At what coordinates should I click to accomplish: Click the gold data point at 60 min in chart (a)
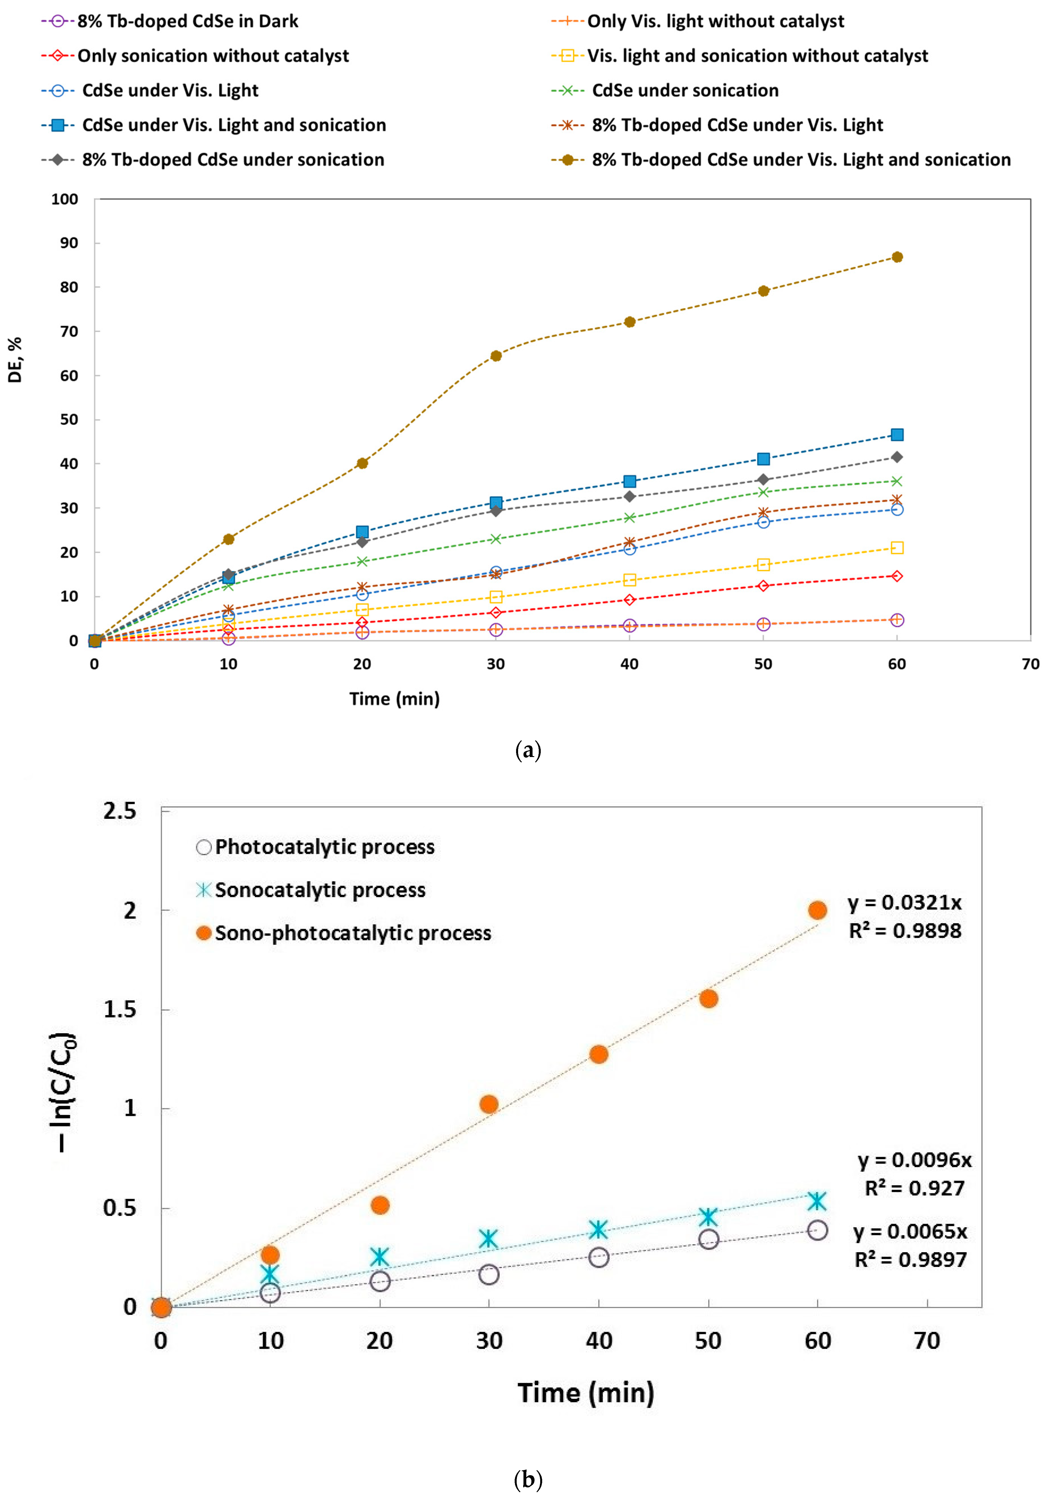pos(897,257)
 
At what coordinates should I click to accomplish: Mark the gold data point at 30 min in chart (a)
pos(496,356)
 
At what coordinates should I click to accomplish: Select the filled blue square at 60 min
pos(897,435)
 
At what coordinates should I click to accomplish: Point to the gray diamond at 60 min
pos(897,457)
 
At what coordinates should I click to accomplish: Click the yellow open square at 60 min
pos(897,548)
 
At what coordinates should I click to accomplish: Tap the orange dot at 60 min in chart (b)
pos(817,910)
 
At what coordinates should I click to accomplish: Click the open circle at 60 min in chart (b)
pos(817,1231)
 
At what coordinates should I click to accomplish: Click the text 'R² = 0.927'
pos(914,1188)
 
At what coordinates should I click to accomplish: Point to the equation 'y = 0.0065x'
pos(910,1232)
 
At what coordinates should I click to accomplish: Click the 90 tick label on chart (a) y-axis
pos(69,243)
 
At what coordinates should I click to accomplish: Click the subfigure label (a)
pos(528,750)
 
